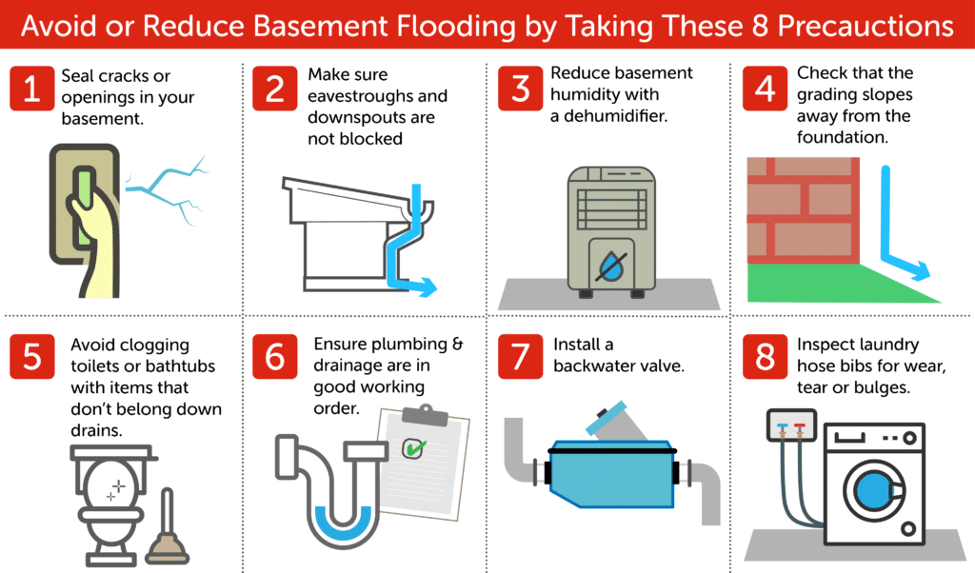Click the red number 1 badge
point(32,90)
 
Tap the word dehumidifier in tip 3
point(613,116)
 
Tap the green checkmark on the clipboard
point(415,445)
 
